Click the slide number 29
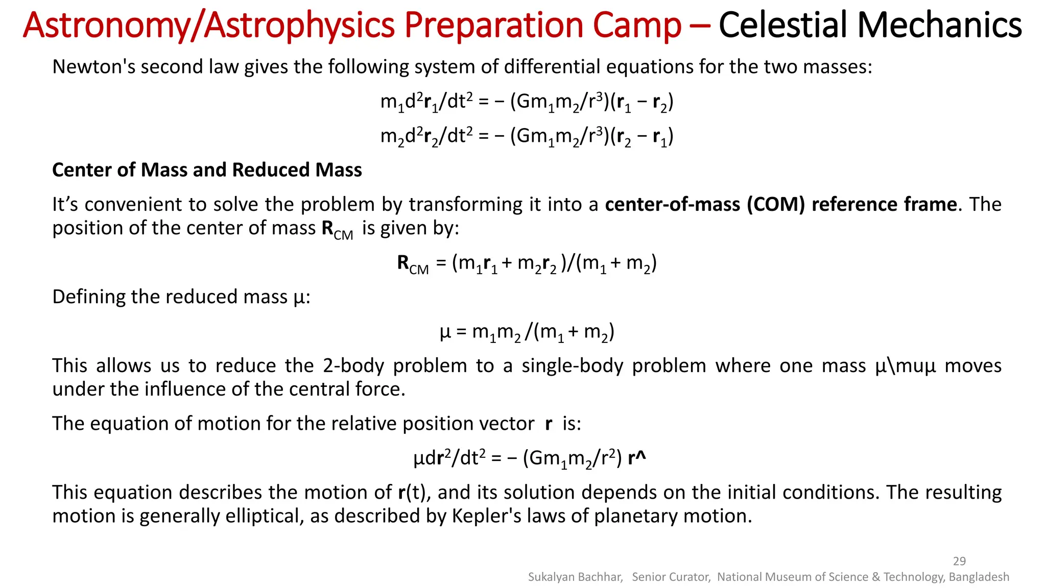(959, 561)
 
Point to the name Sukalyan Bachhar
(575, 577)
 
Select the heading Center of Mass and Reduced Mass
(207, 170)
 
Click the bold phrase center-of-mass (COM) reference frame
(780, 204)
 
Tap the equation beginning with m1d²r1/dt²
(527, 102)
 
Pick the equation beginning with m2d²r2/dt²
(527, 136)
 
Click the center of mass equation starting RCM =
(527, 263)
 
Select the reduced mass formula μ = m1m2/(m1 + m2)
(527, 332)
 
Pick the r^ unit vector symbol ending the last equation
(637, 458)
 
